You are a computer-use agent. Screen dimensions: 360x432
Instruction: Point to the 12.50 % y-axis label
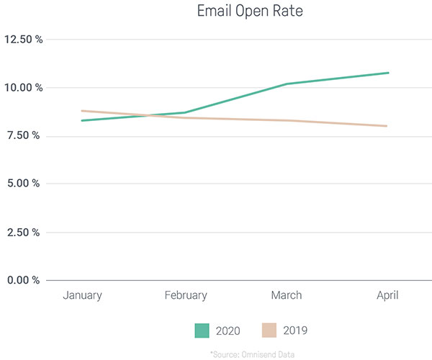(x=24, y=40)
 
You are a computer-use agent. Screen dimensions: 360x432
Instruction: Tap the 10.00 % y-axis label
(x=24, y=88)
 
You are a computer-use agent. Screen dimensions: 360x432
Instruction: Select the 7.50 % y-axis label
(x=26, y=136)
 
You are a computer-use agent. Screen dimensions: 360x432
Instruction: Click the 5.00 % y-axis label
(x=26, y=184)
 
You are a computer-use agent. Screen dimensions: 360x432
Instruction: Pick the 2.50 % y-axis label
(x=26, y=232)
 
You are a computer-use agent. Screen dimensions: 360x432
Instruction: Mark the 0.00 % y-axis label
(x=26, y=280)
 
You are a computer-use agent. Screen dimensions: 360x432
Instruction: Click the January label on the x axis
(x=82, y=295)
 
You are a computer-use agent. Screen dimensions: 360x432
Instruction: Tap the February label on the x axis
(x=185, y=295)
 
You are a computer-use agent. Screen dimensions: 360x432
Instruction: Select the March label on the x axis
(x=287, y=295)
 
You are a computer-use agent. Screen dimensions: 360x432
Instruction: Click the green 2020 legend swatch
(x=202, y=330)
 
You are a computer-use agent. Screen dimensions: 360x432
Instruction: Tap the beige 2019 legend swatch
(x=270, y=330)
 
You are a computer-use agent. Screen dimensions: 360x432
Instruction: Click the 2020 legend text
(x=228, y=331)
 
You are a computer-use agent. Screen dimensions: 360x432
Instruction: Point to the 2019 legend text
(x=295, y=331)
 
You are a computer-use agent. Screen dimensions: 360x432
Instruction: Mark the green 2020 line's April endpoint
(x=389, y=73)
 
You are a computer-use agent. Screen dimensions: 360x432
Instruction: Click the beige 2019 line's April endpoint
(x=387, y=126)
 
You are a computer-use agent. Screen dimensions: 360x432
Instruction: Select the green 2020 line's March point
(x=287, y=84)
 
